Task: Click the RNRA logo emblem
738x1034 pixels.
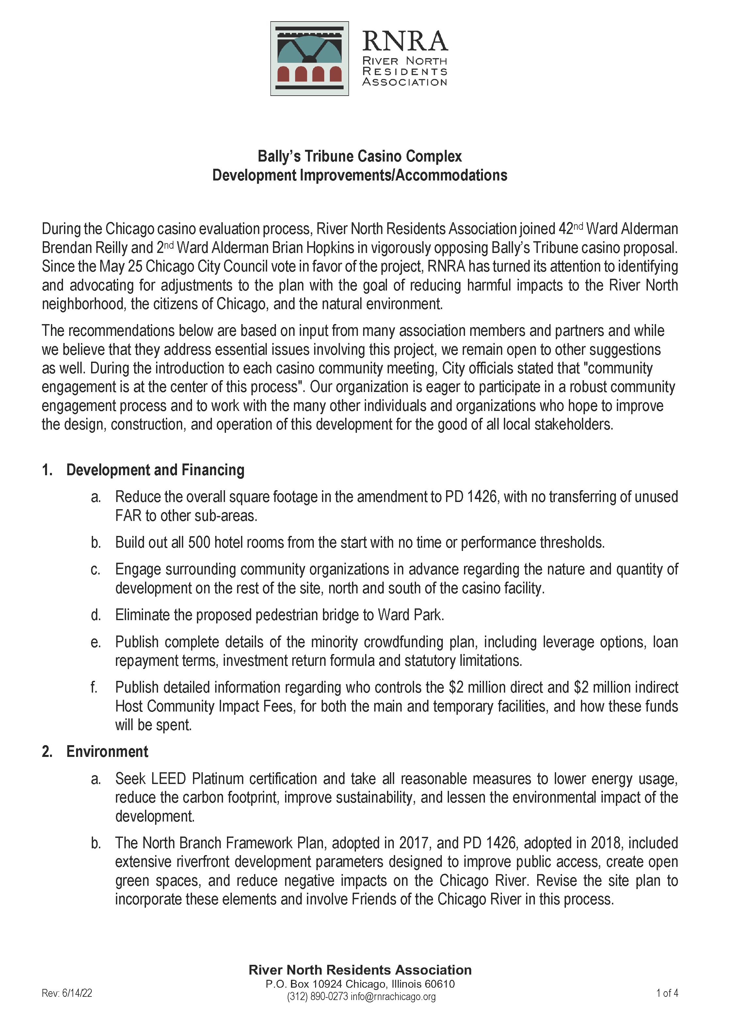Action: pos(310,58)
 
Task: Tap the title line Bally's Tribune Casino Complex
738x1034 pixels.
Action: pos(360,156)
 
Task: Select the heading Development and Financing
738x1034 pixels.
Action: pos(155,470)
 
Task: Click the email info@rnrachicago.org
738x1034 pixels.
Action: pos(393,996)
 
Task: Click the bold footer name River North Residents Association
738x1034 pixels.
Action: pos(360,970)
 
